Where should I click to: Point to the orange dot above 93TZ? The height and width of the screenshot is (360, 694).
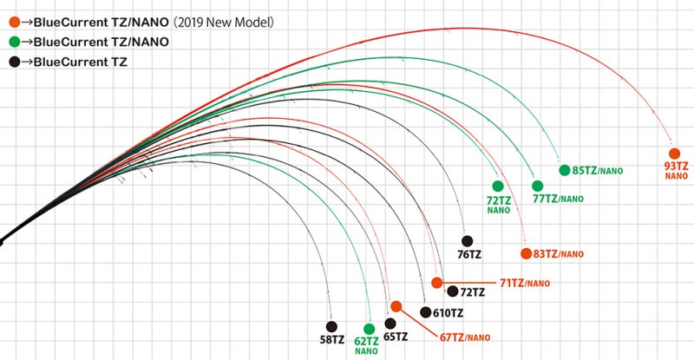pos(674,153)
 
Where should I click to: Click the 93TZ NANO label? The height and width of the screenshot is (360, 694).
pos(677,170)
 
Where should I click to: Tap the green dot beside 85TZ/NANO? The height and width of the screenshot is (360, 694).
pos(564,170)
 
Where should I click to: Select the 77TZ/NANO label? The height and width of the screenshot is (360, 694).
pos(558,199)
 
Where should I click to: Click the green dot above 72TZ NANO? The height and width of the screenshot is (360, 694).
pos(498,186)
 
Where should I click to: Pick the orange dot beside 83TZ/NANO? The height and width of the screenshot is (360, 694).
pos(526,253)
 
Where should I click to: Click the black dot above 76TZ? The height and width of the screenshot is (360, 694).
pos(467,240)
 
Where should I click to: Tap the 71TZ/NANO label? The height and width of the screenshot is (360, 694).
pos(525,284)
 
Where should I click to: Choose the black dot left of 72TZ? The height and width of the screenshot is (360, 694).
pos(437,283)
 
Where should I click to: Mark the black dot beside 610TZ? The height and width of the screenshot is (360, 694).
pos(425,311)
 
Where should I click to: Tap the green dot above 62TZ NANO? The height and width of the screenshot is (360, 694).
pos(370,329)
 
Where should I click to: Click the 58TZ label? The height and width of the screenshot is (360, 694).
pos(332,340)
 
